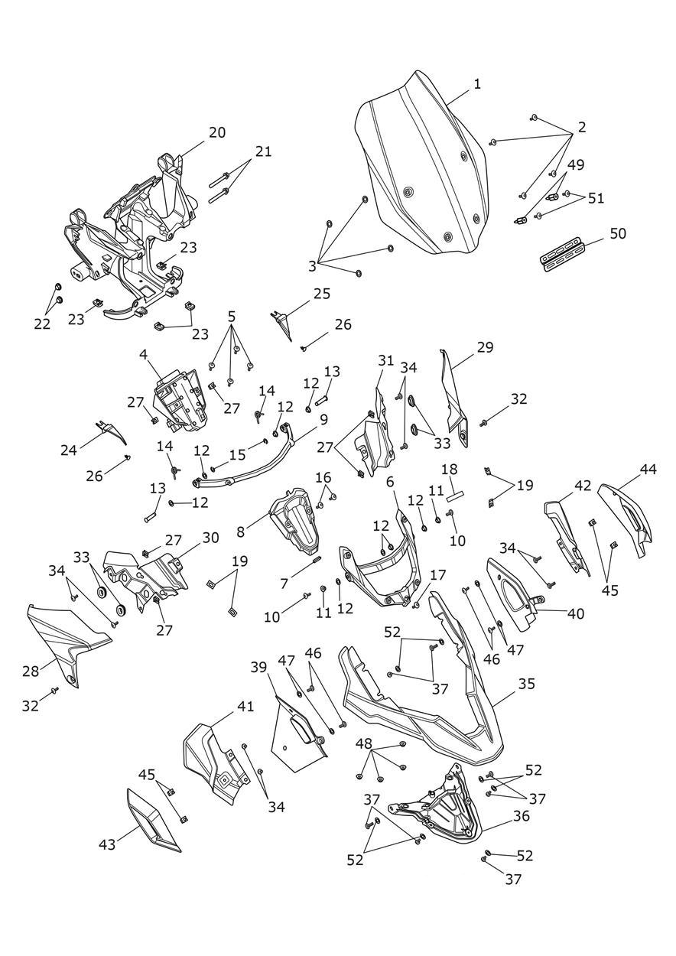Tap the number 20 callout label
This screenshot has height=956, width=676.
(x=217, y=132)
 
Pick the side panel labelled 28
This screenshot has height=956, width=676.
(x=65, y=642)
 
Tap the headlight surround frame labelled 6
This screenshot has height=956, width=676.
(x=379, y=570)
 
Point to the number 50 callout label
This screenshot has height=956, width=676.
(x=617, y=233)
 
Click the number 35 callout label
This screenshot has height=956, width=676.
(x=526, y=684)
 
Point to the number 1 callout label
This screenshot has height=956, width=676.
(x=477, y=84)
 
